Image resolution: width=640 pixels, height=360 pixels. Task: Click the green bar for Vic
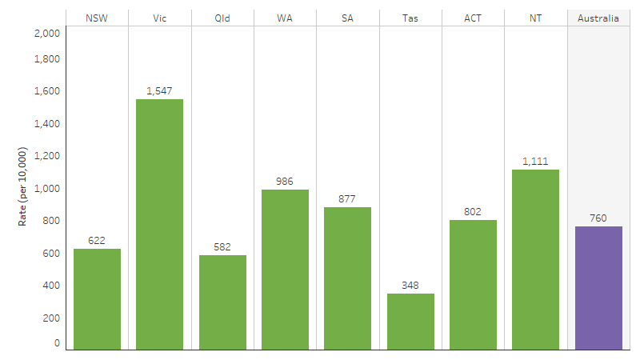[159, 224]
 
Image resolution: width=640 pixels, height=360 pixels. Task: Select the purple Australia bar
[598, 288]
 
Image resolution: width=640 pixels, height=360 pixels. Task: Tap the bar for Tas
[410, 322]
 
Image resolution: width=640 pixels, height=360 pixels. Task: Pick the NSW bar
[97, 299]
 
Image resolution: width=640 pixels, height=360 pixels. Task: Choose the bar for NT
[535, 259]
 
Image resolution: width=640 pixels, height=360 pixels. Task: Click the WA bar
[285, 270]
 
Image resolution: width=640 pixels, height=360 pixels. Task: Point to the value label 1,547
[159, 91]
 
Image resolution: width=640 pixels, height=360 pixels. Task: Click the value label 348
[410, 286]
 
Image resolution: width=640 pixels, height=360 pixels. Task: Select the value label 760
[598, 218]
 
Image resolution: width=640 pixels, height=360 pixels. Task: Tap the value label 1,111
[535, 162]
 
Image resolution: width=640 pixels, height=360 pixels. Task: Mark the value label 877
[347, 199]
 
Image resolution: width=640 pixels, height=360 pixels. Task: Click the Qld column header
[222, 18]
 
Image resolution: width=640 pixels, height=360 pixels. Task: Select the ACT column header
[473, 18]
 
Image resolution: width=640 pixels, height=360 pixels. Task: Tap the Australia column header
[598, 18]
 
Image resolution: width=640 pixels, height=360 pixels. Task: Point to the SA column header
[347, 18]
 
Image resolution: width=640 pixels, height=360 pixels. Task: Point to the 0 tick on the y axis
[57, 343]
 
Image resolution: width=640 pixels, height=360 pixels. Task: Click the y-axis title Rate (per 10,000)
[23, 186]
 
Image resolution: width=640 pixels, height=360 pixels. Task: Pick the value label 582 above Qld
[222, 247]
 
